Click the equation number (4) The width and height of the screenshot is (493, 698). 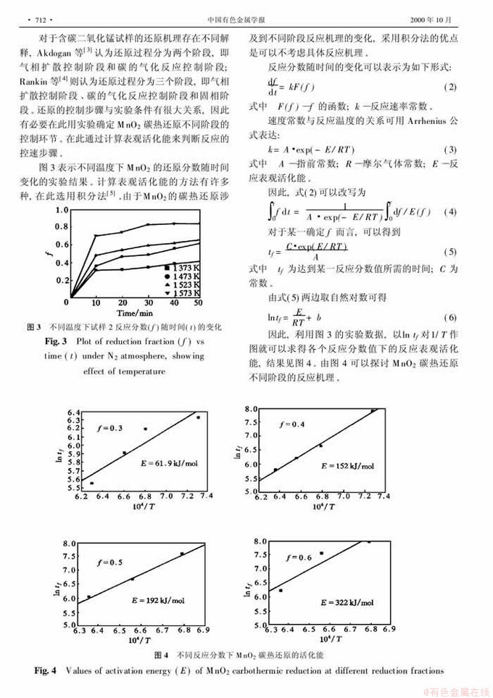[449, 212]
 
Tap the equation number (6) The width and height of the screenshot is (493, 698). [449, 319]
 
